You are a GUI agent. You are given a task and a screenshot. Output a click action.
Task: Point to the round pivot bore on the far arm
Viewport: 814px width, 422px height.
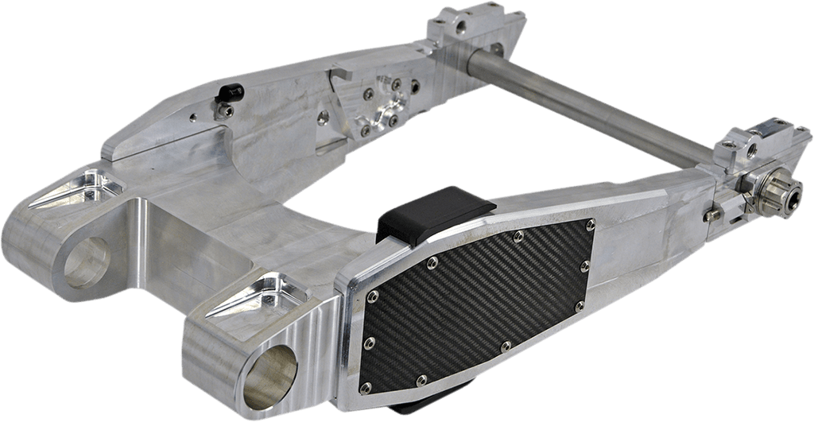(x=86, y=262)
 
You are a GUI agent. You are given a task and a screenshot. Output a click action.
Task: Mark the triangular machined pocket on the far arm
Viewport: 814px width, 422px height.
(x=78, y=187)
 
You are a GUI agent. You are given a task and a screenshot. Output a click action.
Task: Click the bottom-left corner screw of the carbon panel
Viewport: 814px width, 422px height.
(x=365, y=388)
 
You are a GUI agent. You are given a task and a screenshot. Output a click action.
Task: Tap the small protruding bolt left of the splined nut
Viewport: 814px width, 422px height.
(x=713, y=213)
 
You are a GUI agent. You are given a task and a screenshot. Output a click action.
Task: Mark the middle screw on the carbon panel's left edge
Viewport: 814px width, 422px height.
(x=369, y=343)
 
